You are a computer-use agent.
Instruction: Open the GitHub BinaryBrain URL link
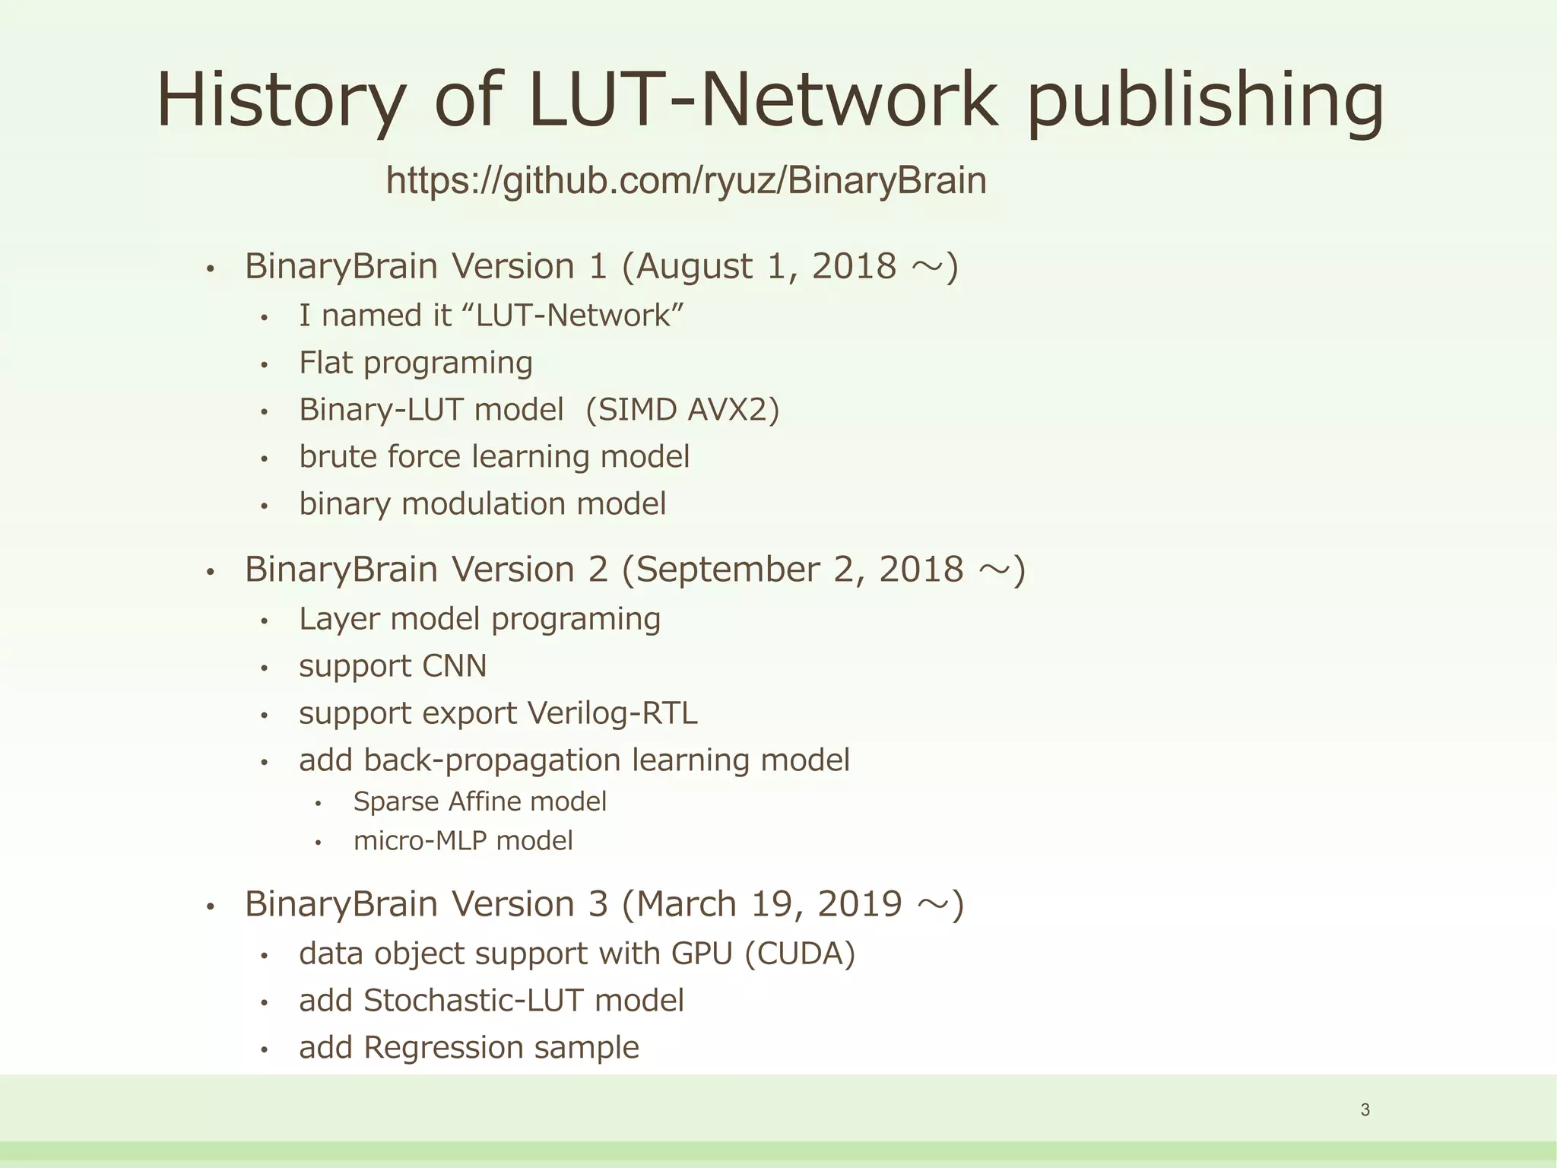(686, 181)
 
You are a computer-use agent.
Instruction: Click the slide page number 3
(1365, 1110)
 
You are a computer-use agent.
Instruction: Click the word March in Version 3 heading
(687, 904)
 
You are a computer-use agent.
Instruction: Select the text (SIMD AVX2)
(683, 410)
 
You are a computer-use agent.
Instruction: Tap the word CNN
(454, 666)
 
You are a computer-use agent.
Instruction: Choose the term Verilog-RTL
(612, 713)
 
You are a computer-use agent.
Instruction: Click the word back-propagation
(493, 760)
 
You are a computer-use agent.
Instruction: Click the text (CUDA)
(800, 954)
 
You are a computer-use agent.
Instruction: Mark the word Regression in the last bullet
(443, 1048)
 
